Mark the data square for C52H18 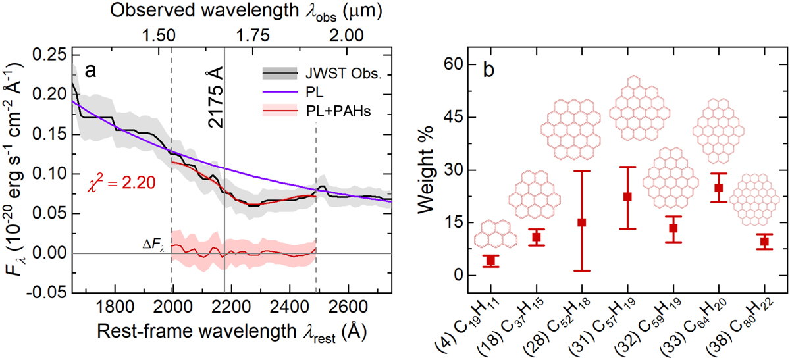pyautogui.click(x=581, y=222)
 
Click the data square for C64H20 pyautogui.click(x=718, y=188)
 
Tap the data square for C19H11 pyautogui.click(x=490, y=261)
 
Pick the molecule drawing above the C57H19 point pyautogui.click(x=628, y=109)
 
